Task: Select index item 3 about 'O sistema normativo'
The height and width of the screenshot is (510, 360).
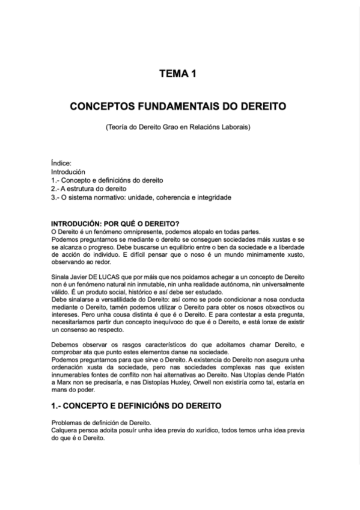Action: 141,197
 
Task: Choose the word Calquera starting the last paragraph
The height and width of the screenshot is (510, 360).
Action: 65,431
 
